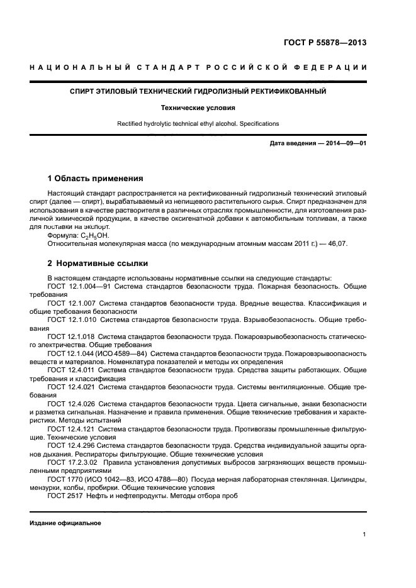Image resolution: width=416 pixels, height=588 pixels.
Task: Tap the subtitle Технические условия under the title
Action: (198, 108)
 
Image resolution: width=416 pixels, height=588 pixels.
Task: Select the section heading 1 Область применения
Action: (95, 178)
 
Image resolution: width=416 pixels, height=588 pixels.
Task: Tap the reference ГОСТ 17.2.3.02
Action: (69, 462)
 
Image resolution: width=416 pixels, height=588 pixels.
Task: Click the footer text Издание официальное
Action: (65, 523)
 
